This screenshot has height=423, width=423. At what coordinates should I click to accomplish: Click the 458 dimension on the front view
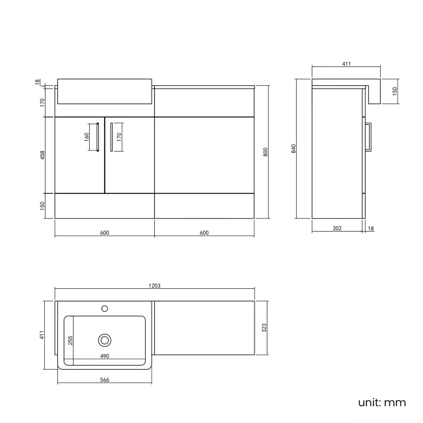42,156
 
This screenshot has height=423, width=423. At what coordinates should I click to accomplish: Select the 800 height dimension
265,151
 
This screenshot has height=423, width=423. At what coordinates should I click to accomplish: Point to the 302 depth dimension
336,228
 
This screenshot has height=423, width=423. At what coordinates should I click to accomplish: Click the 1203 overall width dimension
155,286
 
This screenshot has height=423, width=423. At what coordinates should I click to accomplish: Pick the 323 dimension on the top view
264,329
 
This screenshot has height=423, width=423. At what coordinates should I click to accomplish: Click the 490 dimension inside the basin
104,357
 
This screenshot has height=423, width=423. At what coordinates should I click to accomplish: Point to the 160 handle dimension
86,137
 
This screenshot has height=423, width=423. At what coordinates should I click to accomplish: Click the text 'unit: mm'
381,402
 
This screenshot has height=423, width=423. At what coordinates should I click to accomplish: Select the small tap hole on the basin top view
104,308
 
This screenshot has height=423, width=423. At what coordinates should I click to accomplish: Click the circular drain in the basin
104,340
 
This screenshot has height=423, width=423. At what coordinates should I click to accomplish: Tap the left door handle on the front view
96,137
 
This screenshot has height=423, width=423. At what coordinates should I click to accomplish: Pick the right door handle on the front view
111,137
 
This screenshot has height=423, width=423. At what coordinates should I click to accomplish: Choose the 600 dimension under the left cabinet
104,232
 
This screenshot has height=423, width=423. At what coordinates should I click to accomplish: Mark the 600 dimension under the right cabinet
204,232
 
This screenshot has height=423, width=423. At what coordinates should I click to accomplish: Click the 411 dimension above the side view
346,64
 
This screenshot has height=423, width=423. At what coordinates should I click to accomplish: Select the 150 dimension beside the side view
394,90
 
